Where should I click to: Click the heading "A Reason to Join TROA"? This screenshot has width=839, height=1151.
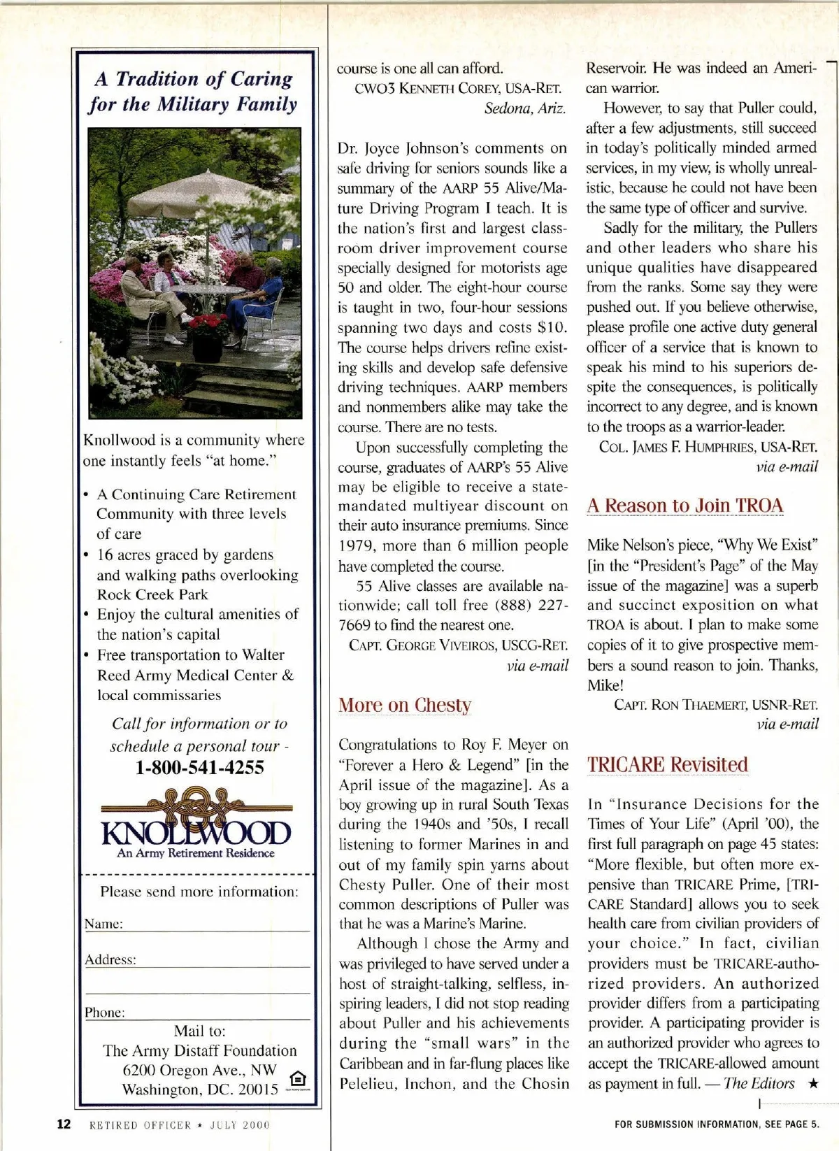685,506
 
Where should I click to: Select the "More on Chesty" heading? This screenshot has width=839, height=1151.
405,705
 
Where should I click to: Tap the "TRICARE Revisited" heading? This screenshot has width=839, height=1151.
668,765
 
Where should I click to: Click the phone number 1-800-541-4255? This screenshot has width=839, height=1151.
200,768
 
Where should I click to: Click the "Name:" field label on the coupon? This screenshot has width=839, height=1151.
103,924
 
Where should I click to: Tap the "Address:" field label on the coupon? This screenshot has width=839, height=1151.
110,960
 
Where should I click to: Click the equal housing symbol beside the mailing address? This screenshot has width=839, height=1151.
297,1079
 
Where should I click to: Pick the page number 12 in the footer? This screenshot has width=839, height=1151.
64,1124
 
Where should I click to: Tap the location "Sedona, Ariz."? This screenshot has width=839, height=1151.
525,108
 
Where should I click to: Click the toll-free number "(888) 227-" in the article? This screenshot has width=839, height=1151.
531,606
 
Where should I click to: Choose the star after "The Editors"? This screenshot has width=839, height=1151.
812,1084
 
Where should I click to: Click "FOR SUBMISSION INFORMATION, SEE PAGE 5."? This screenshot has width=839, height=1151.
717,1124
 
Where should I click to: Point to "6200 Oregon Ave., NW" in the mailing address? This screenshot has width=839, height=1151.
200,1070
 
